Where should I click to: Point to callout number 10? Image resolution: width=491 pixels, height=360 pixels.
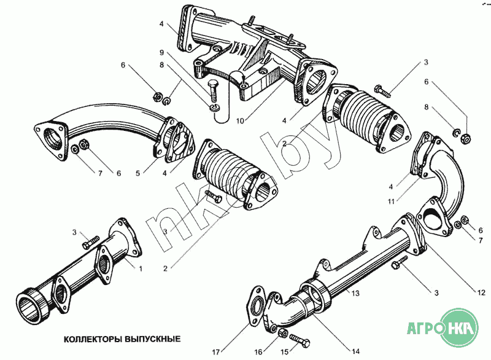point(240,121)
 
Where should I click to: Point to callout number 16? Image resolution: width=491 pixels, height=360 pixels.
point(258,351)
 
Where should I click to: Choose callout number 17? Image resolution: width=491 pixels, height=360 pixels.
point(215,351)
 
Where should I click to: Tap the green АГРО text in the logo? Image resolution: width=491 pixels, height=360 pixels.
point(423,327)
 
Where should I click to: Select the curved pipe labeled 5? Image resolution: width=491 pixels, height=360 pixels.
point(104,123)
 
